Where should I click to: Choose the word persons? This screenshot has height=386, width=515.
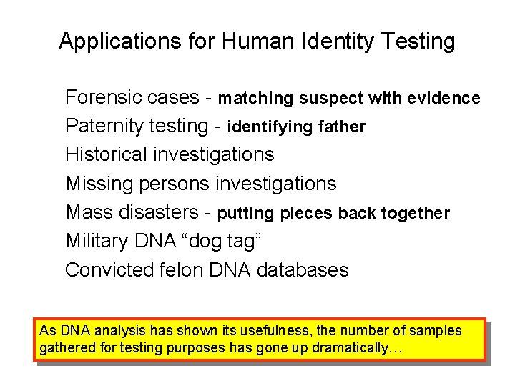point(172,184)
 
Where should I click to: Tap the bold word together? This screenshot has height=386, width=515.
point(416,213)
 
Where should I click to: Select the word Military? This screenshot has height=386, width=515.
point(97,242)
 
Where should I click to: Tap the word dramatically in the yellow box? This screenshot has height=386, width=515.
point(351,349)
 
